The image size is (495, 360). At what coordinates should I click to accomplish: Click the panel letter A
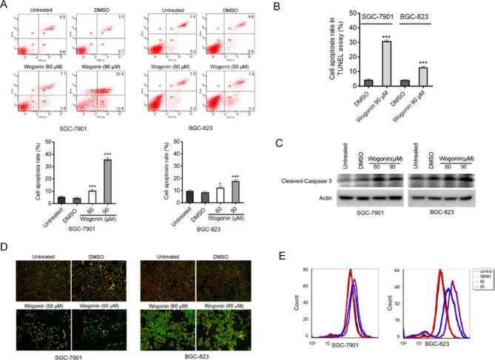(5, 6)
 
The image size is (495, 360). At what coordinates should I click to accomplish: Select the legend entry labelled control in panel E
(477, 273)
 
